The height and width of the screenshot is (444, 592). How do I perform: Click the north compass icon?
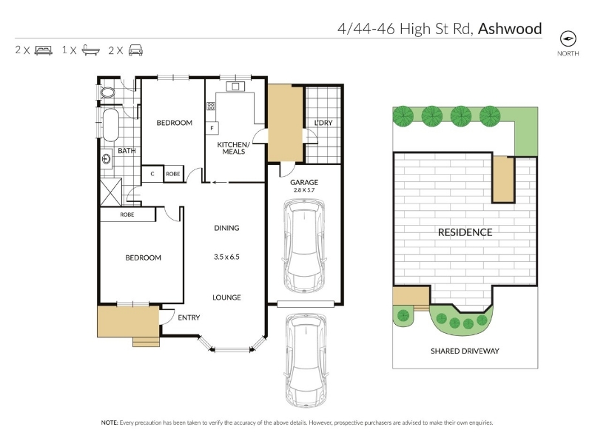(x=568, y=39)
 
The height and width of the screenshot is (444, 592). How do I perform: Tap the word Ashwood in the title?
(x=510, y=29)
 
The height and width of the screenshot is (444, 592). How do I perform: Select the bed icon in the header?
(x=44, y=50)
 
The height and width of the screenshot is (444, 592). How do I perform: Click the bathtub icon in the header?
(x=90, y=50)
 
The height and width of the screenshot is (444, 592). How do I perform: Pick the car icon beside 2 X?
(x=135, y=50)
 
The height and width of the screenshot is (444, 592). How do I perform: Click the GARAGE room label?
(x=304, y=182)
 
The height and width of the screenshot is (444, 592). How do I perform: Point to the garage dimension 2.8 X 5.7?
(x=304, y=190)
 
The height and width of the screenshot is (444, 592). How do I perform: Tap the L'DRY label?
(x=323, y=123)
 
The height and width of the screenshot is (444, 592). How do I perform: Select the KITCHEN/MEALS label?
(x=233, y=148)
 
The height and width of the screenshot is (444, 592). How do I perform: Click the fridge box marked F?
(x=212, y=128)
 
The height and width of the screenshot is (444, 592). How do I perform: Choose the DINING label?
(x=226, y=228)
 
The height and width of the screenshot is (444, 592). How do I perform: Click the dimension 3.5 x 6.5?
(x=226, y=257)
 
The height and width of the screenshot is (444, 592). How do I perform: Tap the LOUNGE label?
(x=226, y=297)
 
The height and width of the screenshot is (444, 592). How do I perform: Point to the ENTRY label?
(x=189, y=318)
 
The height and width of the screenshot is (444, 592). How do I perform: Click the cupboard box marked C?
(x=152, y=174)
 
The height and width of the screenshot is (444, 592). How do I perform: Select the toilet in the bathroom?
(x=107, y=92)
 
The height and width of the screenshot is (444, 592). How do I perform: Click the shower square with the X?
(x=110, y=192)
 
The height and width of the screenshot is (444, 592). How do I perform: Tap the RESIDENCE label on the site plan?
(x=465, y=232)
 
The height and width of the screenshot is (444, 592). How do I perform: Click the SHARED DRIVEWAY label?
(x=465, y=351)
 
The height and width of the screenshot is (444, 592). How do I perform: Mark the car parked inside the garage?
(x=304, y=246)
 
